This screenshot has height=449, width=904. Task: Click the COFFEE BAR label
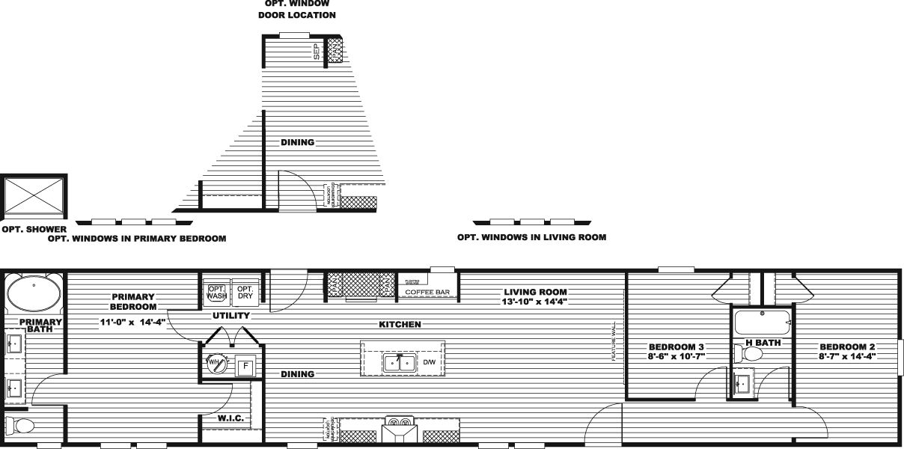(x=427, y=291)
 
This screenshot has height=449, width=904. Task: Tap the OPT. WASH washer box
(x=216, y=293)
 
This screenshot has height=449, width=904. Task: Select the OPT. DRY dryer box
(x=244, y=293)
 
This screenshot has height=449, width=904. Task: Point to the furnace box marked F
(x=243, y=367)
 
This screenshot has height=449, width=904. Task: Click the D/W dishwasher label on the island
(x=429, y=363)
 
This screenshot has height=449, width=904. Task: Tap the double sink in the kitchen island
(x=400, y=364)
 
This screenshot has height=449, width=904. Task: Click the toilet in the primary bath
(x=21, y=427)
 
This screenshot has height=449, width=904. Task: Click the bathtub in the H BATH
(x=762, y=324)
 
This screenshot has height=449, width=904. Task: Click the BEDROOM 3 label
(x=677, y=346)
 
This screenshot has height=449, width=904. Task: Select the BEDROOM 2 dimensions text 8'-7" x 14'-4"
(x=847, y=356)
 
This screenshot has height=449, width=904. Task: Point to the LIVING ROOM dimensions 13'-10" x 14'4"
(x=535, y=302)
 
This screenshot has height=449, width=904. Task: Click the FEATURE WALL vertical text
(x=614, y=341)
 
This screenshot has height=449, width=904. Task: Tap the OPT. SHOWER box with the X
(x=34, y=198)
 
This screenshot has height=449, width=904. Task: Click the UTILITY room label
(x=230, y=316)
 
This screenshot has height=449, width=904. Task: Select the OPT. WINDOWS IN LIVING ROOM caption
(x=531, y=237)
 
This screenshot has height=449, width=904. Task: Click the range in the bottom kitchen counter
(x=397, y=430)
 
